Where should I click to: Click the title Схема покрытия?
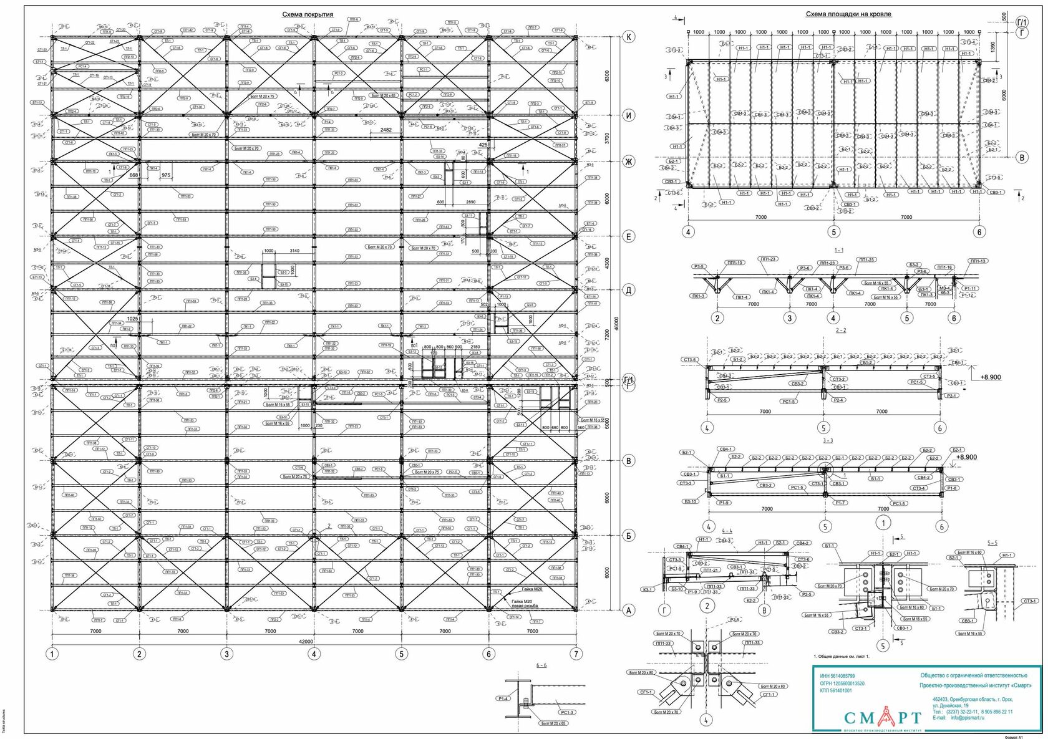[308, 14]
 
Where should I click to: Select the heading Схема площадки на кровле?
[848, 14]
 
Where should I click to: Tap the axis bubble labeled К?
[629, 37]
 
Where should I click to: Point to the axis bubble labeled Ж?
[629, 163]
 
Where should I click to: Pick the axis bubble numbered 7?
[576, 654]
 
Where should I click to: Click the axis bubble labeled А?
[629, 611]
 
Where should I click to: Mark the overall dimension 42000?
[305, 641]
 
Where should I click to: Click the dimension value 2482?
[386, 130]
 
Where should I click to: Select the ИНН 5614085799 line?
[838, 676]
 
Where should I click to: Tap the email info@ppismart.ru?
[968, 717]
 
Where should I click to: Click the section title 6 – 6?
[542, 665]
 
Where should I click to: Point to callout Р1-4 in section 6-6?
[504, 698]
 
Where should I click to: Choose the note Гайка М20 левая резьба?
[525, 603]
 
